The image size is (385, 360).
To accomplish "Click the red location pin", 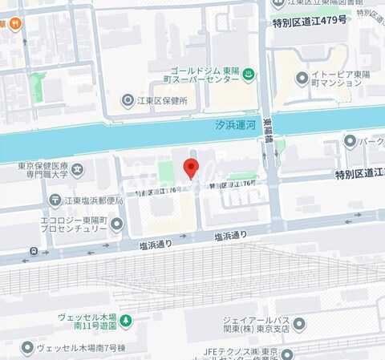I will pos(191,168).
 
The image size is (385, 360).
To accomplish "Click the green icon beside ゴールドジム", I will pos(249,75).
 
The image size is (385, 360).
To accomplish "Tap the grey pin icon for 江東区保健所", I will pos(127,101).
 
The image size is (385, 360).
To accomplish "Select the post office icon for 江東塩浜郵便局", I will pos(55,200).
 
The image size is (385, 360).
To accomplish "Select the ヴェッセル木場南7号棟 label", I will pos(79,348).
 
